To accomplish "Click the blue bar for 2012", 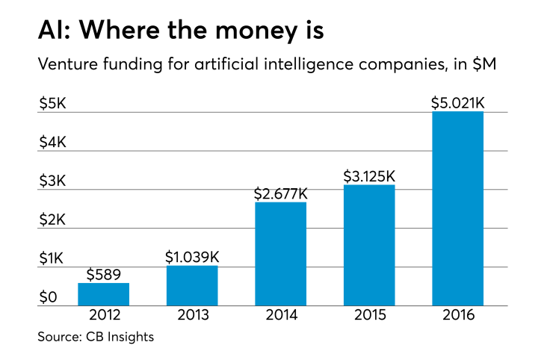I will [103, 294].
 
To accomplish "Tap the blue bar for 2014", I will [281, 254].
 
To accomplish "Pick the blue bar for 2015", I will [369, 245].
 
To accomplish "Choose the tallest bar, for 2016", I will [458, 208].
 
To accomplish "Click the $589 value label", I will [103, 273].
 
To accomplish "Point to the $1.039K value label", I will [192, 256].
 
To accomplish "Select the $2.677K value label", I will [281, 193].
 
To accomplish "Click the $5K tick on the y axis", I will [53, 104].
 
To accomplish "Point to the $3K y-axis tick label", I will [53, 181].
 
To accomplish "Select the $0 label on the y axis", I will [49, 298].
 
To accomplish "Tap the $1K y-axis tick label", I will [53, 259].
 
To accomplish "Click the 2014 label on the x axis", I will [281, 316].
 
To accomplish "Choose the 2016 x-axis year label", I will [458, 316].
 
